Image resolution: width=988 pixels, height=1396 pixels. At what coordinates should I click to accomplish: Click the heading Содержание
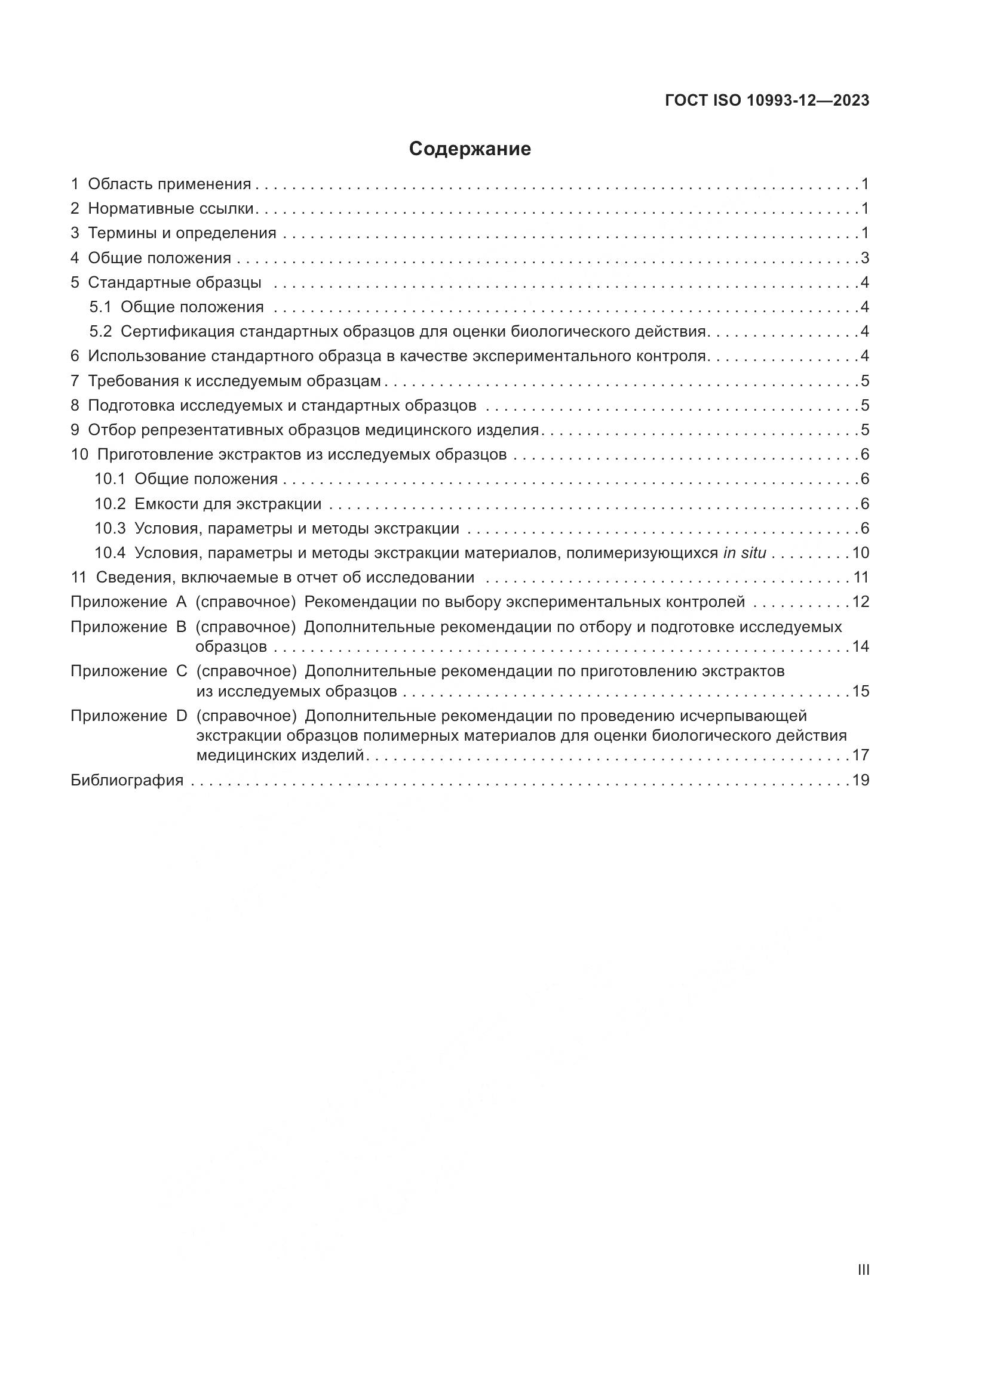pyautogui.click(x=470, y=149)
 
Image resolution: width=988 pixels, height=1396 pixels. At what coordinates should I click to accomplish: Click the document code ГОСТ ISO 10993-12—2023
pyautogui.click(x=767, y=101)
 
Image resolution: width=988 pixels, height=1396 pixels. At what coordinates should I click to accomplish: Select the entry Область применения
pyautogui.click(x=169, y=184)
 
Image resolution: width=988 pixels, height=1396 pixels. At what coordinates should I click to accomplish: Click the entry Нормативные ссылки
pyautogui.click(x=170, y=208)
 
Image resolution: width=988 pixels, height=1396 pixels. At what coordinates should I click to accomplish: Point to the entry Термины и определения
pyautogui.click(x=182, y=233)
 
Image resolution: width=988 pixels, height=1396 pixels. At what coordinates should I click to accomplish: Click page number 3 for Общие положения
pyautogui.click(x=864, y=258)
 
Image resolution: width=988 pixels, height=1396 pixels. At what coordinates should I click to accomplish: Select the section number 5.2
pyautogui.click(x=101, y=331)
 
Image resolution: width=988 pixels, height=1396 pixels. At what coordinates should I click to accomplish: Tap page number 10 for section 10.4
pyautogui.click(x=860, y=553)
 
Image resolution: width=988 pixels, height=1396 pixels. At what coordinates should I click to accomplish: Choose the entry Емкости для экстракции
pyautogui.click(x=228, y=504)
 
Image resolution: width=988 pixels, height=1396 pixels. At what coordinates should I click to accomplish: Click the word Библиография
pyautogui.click(x=127, y=780)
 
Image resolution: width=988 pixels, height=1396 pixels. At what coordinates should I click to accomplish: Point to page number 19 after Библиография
pyautogui.click(x=860, y=780)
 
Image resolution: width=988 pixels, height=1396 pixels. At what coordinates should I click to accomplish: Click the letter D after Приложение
pyautogui.click(x=182, y=716)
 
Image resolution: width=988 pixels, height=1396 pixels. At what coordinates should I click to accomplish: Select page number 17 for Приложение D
pyautogui.click(x=860, y=755)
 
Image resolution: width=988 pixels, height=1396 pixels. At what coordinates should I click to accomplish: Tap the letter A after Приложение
pyautogui.click(x=182, y=602)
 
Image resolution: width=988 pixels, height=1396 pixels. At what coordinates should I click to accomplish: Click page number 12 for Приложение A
pyautogui.click(x=860, y=602)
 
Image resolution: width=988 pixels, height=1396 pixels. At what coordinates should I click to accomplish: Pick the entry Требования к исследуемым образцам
pyautogui.click(x=234, y=381)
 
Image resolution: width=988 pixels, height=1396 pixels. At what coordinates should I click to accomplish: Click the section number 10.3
pyautogui.click(x=110, y=528)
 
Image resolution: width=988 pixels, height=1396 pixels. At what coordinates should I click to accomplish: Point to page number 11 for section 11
pyautogui.click(x=860, y=577)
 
